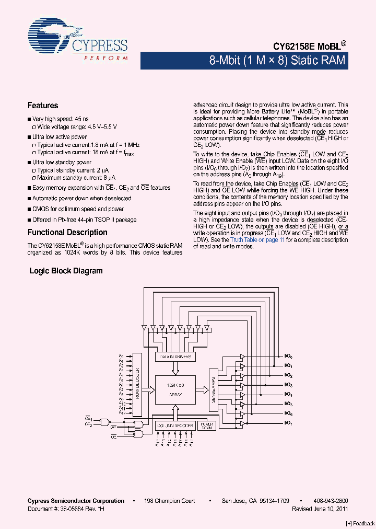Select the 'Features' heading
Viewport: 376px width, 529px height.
[43, 106]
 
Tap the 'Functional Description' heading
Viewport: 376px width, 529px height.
[67, 233]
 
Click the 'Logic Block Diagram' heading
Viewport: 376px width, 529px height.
[66, 271]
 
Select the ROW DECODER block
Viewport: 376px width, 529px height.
[138, 384]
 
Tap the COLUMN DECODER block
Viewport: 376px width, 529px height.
[175, 426]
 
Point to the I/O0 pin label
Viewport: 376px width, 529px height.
[288, 356]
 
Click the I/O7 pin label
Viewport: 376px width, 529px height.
[288, 422]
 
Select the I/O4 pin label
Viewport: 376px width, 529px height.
[288, 394]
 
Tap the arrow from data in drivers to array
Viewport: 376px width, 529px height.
[175, 368]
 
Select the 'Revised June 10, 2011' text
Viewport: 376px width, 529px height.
[320, 509]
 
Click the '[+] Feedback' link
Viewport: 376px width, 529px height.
[360, 523]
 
